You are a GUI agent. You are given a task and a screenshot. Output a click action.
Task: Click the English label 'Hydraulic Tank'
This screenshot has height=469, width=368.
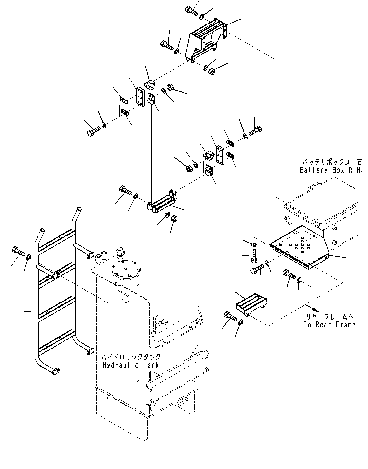click(x=131, y=365)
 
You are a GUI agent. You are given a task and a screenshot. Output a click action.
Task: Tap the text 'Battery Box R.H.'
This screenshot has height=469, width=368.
click(x=331, y=170)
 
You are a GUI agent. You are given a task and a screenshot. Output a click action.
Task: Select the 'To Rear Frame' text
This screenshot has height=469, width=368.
click(x=329, y=325)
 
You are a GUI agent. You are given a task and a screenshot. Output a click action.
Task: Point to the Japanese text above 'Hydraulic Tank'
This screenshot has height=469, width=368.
click(x=131, y=357)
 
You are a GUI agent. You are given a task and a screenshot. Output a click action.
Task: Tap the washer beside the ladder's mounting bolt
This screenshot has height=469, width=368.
click(x=29, y=256)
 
